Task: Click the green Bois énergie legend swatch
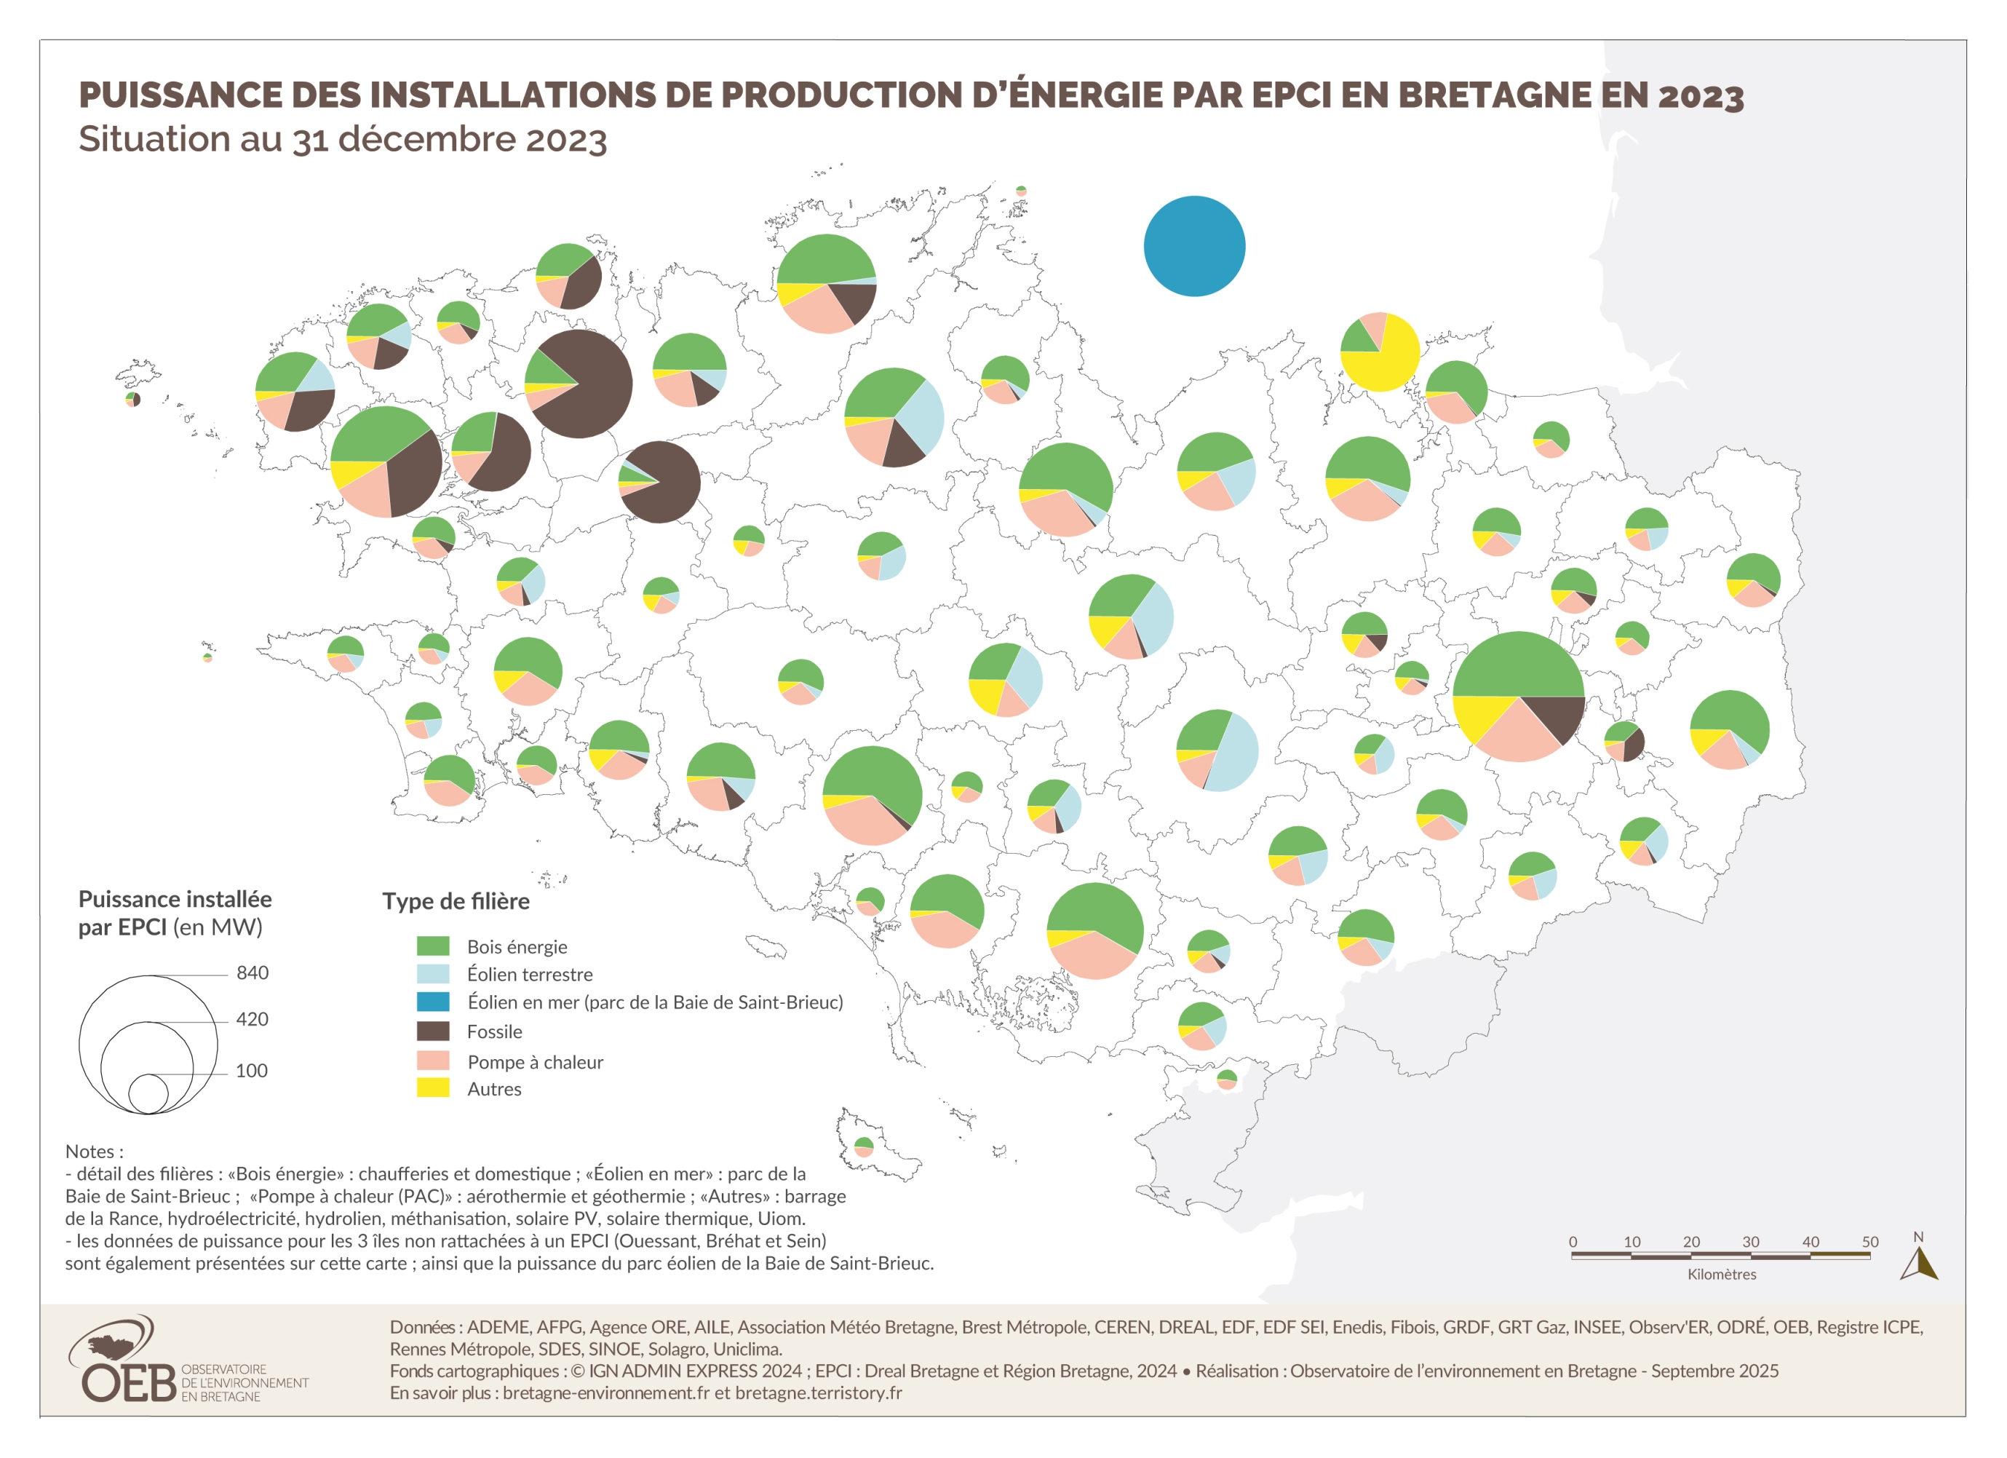(x=433, y=946)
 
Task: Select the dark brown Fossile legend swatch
(x=433, y=1031)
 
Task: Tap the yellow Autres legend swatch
(x=433, y=1088)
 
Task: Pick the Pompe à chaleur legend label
(x=534, y=1061)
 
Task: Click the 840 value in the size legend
(x=253, y=973)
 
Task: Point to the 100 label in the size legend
(x=251, y=1070)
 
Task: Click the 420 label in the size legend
(x=253, y=1019)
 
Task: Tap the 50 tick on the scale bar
(x=1870, y=1241)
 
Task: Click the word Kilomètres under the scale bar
(x=1721, y=1274)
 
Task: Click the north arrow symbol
(x=1917, y=1263)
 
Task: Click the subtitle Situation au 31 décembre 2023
(x=343, y=140)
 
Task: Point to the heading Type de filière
(x=456, y=901)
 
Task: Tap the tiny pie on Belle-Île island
(x=864, y=1147)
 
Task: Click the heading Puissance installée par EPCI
(x=175, y=913)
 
